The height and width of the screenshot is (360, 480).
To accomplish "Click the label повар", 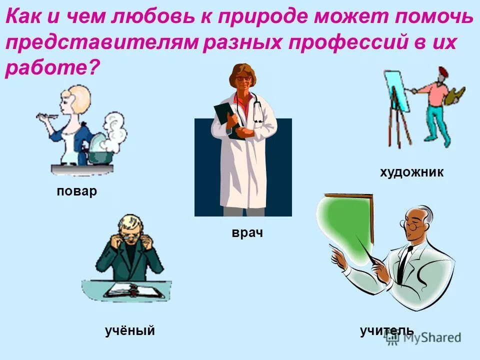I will click(x=76, y=191).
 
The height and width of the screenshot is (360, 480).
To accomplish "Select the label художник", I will click(x=411, y=173).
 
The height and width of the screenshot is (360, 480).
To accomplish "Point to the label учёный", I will click(x=129, y=330).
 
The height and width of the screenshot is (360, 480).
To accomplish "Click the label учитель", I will click(x=386, y=330).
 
